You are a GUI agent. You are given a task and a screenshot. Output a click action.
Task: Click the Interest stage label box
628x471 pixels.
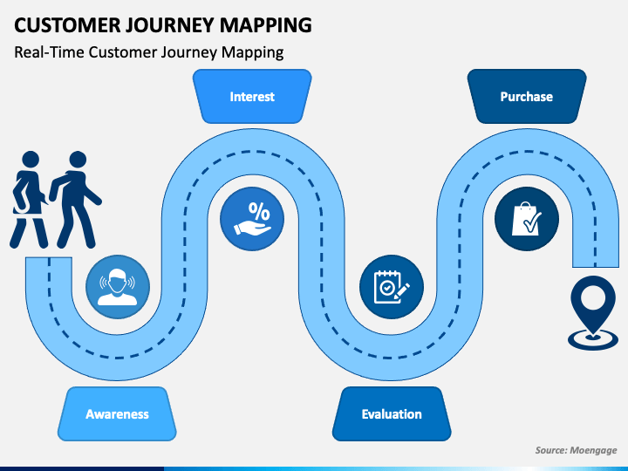click(x=252, y=97)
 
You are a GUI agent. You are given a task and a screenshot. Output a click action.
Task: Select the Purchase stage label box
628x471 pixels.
click(x=527, y=97)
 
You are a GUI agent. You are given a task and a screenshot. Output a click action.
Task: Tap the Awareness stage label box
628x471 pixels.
click(x=117, y=413)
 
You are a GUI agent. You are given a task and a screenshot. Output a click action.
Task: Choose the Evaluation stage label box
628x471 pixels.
click(x=392, y=413)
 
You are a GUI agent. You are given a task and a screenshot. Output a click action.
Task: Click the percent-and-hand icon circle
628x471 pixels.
click(x=252, y=219)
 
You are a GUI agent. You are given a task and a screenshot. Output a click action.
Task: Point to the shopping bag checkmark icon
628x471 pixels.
click(x=527, y=219)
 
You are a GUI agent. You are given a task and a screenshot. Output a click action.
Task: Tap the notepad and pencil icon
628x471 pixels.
click(x=392, y=287)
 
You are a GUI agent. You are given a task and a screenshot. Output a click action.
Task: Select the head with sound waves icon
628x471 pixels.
click(x=118, y=287)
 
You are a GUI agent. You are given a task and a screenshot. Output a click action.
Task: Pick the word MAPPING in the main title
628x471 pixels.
click(x=265, y=25)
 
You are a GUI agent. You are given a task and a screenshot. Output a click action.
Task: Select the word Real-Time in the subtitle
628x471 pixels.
click(x=49, y=52)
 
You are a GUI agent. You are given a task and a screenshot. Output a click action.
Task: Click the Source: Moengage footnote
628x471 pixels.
click(x=576, y=450)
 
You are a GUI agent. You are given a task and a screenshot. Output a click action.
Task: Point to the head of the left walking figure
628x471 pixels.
click(x=31, y=159)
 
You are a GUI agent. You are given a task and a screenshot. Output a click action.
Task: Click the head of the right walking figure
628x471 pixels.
click(x=78, y=159)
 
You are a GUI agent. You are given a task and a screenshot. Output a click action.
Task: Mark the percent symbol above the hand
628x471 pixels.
click(x=259, y=211)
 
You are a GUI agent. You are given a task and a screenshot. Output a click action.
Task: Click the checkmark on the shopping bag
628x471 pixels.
click(x=533, y=222)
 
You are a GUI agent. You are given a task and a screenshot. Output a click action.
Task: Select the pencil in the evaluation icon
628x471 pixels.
click(x=402, y=291)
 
